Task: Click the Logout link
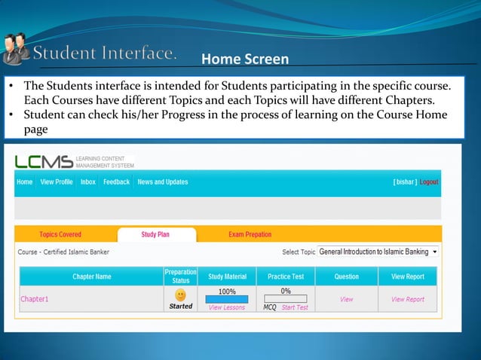429,182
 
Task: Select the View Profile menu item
57,182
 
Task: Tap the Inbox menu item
88,182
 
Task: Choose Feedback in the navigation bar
116,182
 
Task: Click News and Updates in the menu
163,182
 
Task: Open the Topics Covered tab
60,235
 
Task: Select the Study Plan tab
155,235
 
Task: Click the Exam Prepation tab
250,235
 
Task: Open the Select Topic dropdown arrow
435,252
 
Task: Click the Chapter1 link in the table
34,299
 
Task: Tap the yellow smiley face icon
181,295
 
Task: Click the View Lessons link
226,308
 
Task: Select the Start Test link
294,308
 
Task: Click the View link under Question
346,299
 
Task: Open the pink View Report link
408,299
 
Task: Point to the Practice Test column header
285,276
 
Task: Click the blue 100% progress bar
226,300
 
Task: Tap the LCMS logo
44,161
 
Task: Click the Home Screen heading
245,59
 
